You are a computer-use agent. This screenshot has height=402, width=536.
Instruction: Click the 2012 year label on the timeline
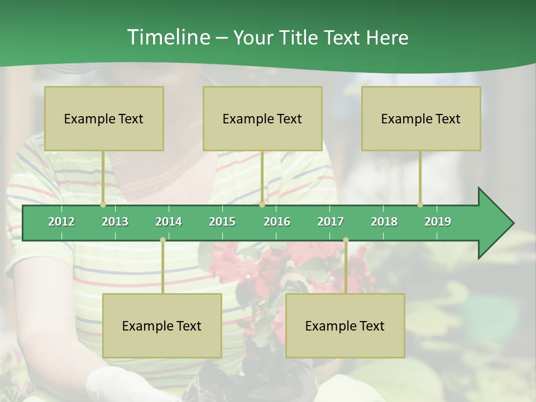61,222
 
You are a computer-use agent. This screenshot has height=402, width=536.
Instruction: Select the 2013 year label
115,222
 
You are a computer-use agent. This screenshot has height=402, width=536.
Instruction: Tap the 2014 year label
169,222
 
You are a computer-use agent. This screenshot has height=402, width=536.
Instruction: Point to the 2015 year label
222,222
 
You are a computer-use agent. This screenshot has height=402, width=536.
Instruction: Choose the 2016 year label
277,222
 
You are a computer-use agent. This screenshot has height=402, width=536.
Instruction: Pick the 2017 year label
331,222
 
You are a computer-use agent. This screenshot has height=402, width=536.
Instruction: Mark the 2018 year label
384,222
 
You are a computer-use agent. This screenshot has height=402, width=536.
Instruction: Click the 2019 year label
438,222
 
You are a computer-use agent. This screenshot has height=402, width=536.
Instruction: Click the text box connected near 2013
104,118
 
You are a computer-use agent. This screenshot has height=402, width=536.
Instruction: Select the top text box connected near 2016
262,118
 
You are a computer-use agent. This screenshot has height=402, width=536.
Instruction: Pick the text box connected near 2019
421,118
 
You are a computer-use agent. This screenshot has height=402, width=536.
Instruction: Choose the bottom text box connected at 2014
162,326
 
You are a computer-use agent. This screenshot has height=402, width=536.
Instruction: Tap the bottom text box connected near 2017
345,326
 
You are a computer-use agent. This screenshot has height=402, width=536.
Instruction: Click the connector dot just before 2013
103,204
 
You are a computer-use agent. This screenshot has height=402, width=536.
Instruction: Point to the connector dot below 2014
162,240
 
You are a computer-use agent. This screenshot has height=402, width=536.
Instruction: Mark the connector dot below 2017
346,240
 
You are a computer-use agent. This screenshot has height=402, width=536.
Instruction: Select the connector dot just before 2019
420,204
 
